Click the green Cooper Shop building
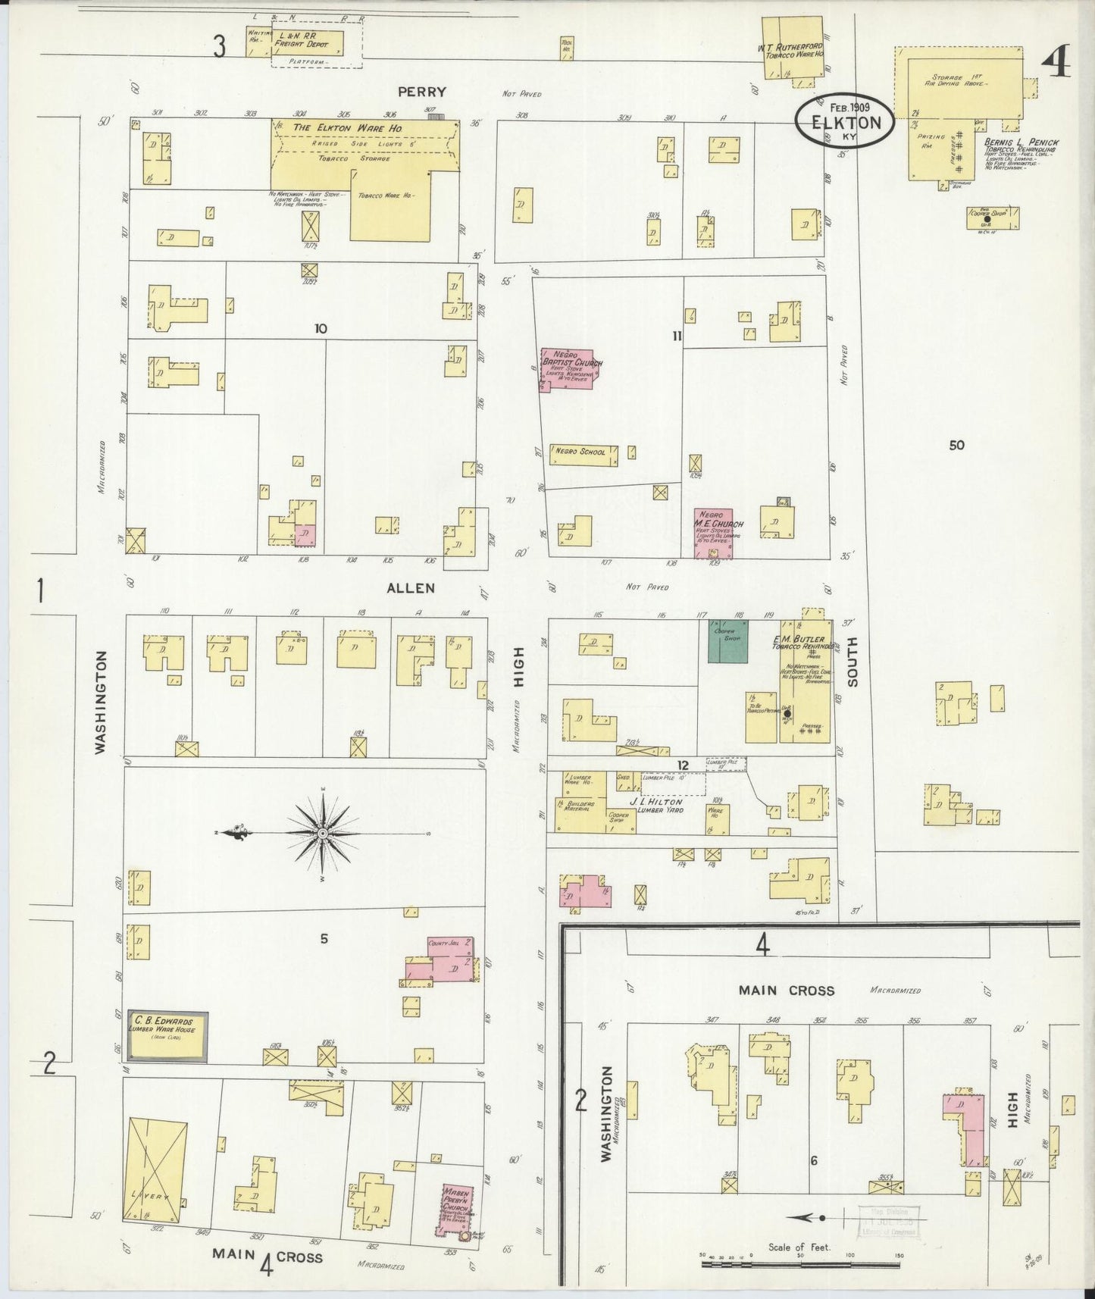[x=728, y=641]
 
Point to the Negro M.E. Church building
[x=714, y=534]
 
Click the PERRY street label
[x=422, y=92]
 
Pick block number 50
[x=956, y=445]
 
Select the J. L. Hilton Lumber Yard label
[x=655, y=806]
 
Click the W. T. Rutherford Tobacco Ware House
[x=792, y=50]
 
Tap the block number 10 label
[x=321, y=328]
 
